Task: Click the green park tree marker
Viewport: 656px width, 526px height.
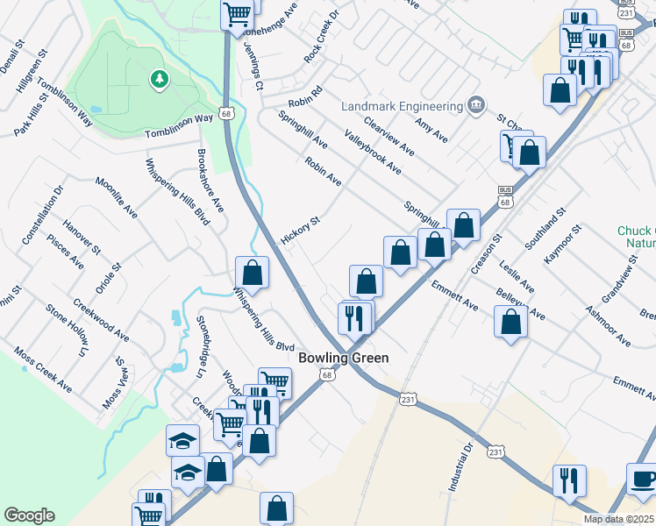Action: coord(159,81)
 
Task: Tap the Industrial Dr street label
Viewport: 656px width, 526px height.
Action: coord(461,466)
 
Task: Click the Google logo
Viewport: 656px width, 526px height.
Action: coord(29,515)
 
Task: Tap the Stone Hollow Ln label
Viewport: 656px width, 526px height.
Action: coord(68,330)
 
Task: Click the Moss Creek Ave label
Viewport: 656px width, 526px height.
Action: coord(43,368)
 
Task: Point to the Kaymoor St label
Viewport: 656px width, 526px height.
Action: coord(561,245)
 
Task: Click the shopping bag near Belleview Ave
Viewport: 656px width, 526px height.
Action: coord(510,322)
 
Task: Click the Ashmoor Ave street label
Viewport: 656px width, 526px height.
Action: coord(609,323)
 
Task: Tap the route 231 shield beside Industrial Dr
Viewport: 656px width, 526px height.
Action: coord(496,451)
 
